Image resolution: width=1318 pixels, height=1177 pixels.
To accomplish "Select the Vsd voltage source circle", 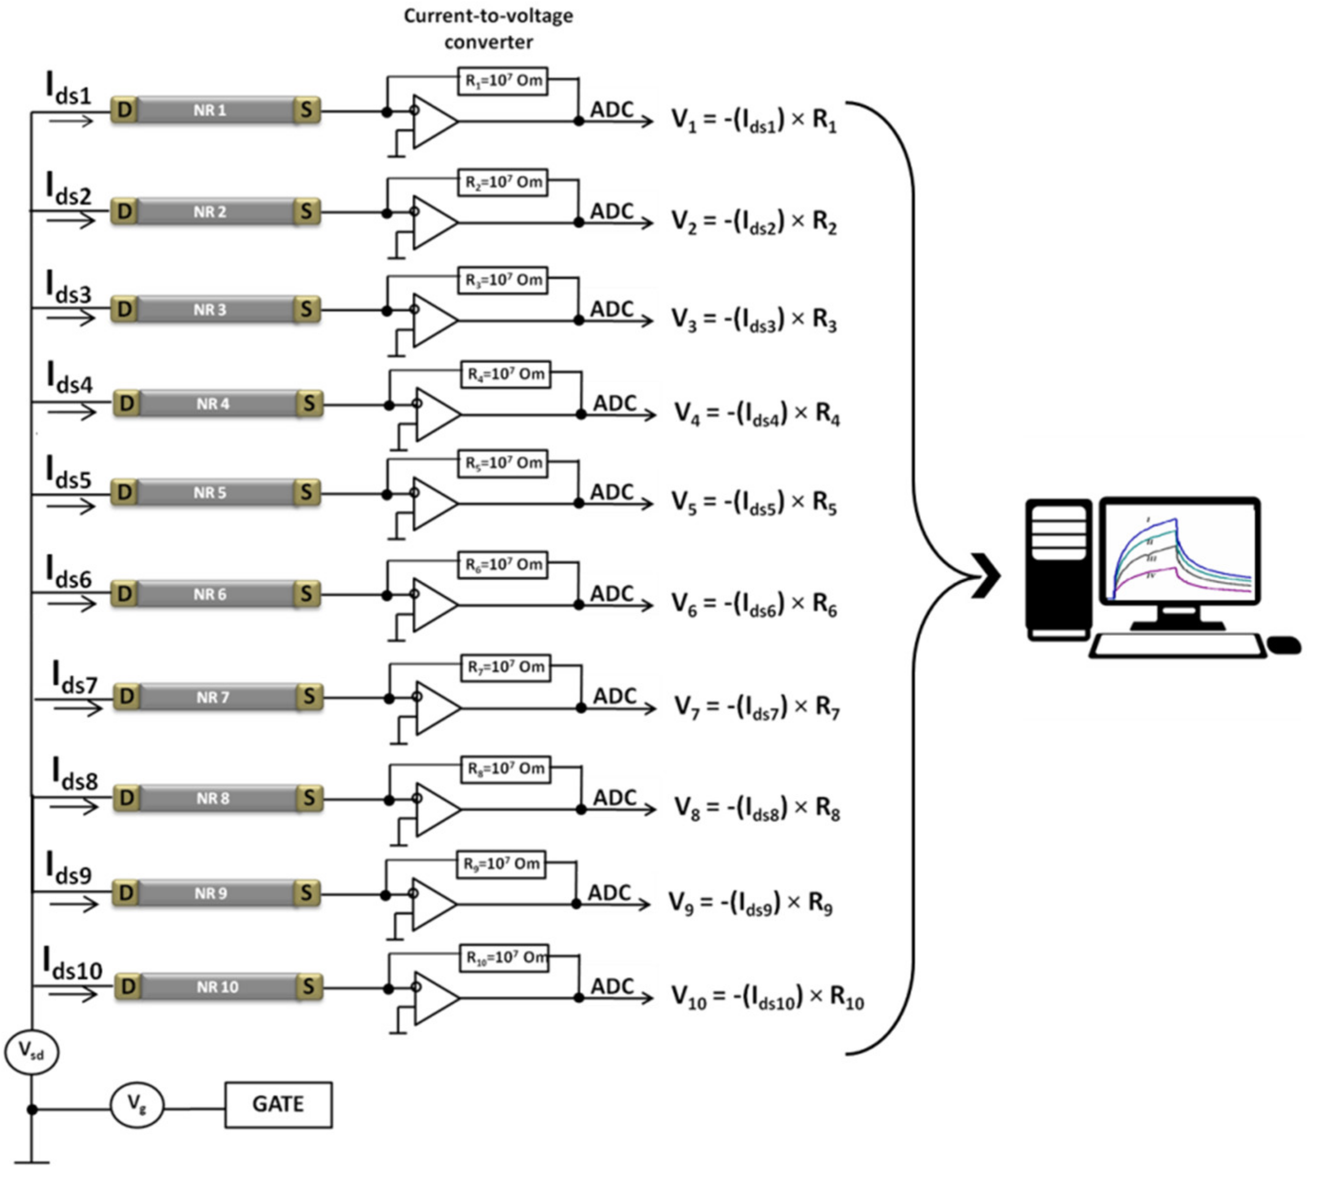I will pos(32,1052).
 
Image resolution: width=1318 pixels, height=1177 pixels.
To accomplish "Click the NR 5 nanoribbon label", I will pos(209,493).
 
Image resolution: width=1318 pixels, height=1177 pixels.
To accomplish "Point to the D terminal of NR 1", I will pos(124,110).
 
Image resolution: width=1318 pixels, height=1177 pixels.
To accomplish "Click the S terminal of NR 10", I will pos(308,987).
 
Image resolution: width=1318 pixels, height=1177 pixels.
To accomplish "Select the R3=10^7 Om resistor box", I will pos(503,280).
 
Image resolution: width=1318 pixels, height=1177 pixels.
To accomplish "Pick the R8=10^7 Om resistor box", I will pos(506,768).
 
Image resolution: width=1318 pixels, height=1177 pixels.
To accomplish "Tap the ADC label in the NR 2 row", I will pos(611,212).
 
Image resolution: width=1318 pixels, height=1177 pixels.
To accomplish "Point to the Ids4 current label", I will pos(70,379).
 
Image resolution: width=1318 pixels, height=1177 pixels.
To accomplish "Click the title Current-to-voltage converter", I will pos(488,28).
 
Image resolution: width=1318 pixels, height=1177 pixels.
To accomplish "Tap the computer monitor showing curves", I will pos(1180,552).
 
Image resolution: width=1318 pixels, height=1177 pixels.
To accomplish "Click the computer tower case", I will pos(1058,569).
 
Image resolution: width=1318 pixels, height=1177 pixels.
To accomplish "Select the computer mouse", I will pos(1283,645).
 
